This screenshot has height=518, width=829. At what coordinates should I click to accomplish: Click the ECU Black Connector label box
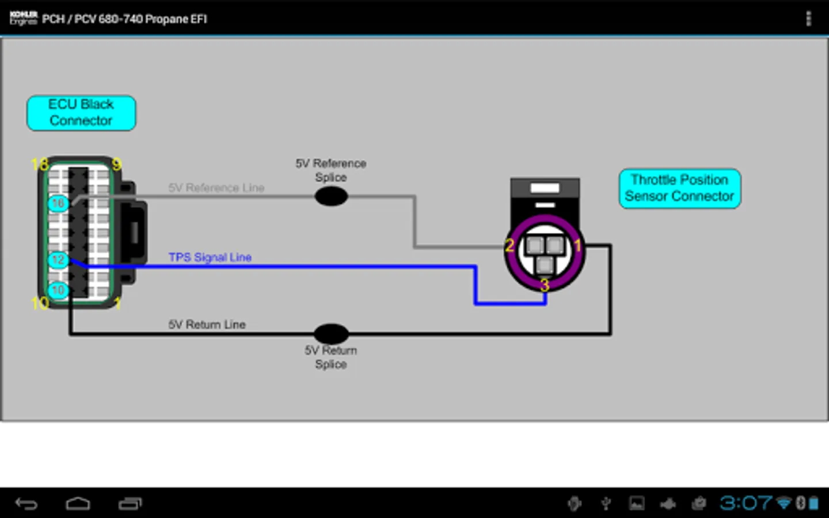81,113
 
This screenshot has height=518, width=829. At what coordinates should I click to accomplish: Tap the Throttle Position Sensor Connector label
679,188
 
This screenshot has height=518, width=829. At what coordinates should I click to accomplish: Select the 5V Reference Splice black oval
331,197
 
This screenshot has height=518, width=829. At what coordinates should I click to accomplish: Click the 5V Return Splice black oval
331,334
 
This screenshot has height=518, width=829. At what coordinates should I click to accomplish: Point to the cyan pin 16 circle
58,203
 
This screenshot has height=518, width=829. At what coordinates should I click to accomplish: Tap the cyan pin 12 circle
58,260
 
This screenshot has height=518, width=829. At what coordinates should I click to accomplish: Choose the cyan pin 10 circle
58,290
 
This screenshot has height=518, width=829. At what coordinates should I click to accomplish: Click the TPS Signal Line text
210,257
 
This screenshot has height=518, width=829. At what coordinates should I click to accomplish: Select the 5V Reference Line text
216,188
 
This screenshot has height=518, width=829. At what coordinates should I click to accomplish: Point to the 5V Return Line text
207,325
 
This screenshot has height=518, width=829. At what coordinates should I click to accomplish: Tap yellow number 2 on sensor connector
509,246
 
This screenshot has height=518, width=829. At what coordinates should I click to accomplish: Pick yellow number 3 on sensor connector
545,285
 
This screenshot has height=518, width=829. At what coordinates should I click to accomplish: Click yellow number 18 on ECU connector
40,165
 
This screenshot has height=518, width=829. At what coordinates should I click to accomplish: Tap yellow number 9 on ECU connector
116,165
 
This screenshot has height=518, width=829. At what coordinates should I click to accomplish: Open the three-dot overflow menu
808,19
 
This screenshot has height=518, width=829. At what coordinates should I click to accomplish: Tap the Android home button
78,504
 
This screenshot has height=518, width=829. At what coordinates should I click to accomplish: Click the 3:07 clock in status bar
746,504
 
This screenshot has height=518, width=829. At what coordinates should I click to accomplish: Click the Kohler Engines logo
23,18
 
